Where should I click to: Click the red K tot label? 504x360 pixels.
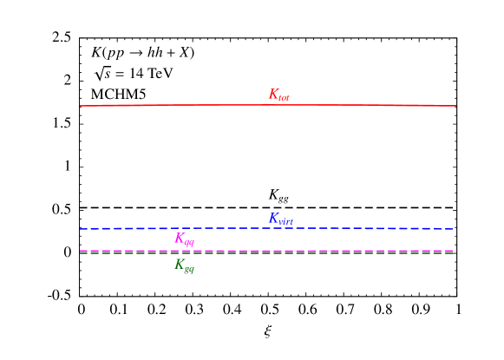point(278,95)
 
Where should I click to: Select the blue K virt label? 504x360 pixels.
point(280,219)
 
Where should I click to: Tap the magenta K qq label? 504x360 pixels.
point(184,239)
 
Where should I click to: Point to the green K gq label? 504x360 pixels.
point(184,265)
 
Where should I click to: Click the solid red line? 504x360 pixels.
point(260,105)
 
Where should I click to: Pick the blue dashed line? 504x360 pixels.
point(217,228)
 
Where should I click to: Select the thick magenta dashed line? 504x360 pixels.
point(260,251)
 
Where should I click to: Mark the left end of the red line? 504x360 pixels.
point(81,106)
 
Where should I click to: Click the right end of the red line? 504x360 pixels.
point(455,106)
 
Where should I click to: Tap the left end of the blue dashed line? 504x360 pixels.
point(81,229)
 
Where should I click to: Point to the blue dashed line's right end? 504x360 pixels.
point(452,229)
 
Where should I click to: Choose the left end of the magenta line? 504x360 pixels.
point(81,251)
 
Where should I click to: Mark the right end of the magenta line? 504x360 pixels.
point(452,251)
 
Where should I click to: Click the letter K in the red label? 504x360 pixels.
point(273,94)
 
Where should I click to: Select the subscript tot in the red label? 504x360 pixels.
point(284,98)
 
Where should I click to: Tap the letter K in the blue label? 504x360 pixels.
point(273,218)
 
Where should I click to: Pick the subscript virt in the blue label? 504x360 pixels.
point(285,222)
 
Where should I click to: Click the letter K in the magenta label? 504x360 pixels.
point(180,238)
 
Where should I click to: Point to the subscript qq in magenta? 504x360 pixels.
point(189,243)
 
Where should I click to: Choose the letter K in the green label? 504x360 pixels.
point(180,264)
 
